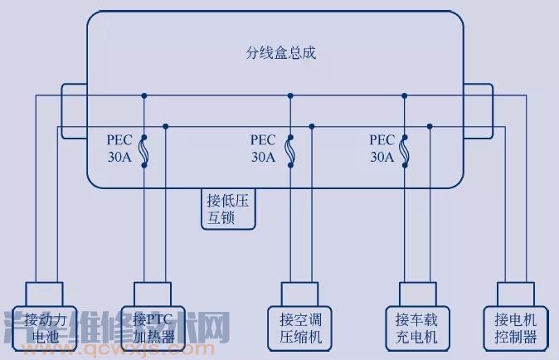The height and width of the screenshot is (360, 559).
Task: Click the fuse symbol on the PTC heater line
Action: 144,151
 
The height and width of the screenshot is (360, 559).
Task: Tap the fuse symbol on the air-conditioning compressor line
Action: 289,151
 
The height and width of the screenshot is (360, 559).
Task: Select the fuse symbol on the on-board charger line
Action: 405,151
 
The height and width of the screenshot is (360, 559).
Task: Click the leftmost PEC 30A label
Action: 120,148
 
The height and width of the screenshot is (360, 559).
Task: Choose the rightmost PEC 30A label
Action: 382,148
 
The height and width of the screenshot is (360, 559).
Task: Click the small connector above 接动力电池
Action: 44,293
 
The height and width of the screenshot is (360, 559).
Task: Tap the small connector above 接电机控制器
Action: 515,293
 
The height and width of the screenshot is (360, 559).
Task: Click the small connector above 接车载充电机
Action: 416,293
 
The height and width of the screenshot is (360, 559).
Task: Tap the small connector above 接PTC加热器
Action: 153,293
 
